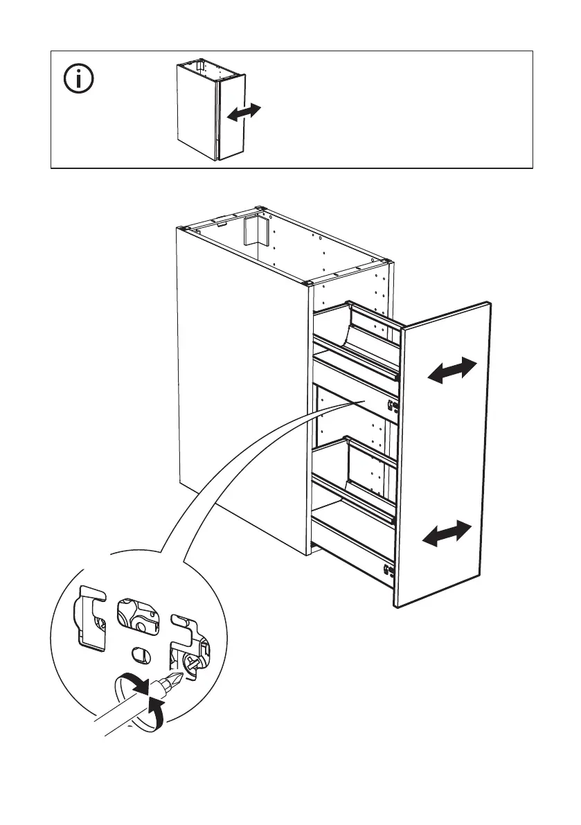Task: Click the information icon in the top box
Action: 80,80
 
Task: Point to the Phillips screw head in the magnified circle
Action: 191,663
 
